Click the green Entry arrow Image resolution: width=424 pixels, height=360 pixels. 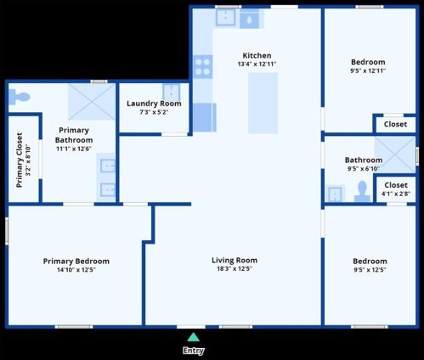click(194, 337)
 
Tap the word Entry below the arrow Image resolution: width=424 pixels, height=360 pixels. click(194, 351)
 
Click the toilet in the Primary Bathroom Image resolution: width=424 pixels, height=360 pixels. click(19, 97)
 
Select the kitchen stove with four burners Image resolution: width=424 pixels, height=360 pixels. click(202, 66)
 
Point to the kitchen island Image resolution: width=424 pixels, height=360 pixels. click(263, 103)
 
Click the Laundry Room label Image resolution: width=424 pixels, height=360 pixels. click(154, 104)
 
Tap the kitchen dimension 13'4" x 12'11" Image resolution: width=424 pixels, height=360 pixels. click(257, 64)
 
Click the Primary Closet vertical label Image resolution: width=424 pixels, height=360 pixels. click(20, 160)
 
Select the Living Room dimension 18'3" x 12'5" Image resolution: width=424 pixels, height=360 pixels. click(235, 268)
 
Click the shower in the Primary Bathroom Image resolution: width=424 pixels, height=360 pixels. click(92, 102)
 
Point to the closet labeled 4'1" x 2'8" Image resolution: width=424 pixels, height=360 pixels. click(396, 189)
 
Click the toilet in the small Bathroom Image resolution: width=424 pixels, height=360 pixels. click(362, 192)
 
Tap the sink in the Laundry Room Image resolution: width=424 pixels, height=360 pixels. click(171, 92)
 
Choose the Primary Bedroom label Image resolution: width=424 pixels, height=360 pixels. click(76, 262)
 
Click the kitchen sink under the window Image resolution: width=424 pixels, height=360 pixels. click(225, 18)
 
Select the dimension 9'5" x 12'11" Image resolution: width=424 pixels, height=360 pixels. click(368, 70)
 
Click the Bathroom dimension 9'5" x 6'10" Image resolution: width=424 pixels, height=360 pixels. click(364, 169)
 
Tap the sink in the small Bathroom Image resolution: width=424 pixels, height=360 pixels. click(335, 194)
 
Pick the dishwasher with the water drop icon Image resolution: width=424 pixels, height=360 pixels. click(249, 20)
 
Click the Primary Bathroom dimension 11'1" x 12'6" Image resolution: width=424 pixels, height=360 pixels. click(74, 149)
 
